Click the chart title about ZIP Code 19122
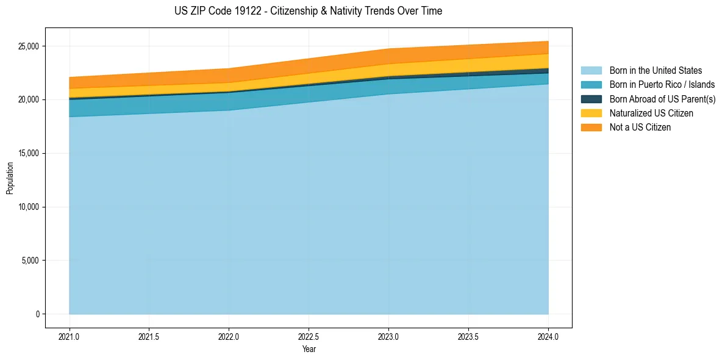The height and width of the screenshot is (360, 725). [x=308, y=11]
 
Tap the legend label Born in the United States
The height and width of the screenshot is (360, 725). [x=655, y=71]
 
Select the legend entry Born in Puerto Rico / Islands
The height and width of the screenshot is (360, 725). [x=662, y=85]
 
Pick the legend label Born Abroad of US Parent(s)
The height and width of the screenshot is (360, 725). [x=662, y=99]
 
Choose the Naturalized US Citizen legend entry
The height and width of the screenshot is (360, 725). [x=651, y=113]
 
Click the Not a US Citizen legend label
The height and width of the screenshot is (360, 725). [x=640, y=127]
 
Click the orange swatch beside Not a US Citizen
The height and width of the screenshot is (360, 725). [x=591, y=127]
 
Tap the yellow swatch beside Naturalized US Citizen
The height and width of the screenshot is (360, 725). [x=591, y=113]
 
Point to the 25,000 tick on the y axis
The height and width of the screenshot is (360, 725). [x=28, y=46]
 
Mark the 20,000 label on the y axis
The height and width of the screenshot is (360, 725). [x=28, y=100]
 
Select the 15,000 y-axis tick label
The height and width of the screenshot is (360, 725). [x=28, y=153]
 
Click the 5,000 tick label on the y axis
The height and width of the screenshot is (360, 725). [x=30, y=261]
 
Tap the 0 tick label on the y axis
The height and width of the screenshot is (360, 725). [x=37, y=314]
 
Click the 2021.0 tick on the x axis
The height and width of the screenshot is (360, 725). [x=70, y=336]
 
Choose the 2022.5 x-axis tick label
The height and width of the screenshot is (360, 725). [x=309, y=336]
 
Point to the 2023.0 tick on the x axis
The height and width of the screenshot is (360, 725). [x=388, y=336]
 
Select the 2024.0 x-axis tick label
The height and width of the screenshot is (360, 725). [x=548, y=336]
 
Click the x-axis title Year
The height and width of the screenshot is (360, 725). [x=309, y=349]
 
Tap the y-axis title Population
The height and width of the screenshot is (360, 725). [x=10, y=178]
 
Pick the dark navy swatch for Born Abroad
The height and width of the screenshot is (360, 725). [x=591, y=99]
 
